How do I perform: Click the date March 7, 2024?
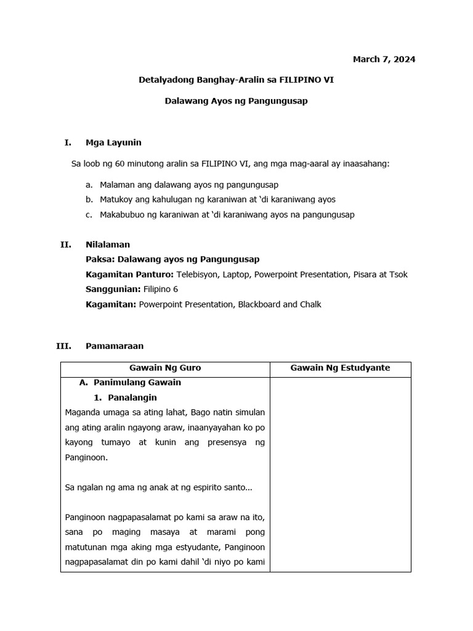384,60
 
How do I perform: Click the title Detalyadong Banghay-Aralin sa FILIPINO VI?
236,80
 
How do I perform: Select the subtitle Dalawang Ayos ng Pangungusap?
236,101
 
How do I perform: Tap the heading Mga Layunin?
113,143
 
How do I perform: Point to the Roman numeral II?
65,245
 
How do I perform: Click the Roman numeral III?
63,346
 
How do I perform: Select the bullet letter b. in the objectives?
89,200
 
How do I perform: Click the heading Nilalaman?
108,245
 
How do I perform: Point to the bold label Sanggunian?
113,290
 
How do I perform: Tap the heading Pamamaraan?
115,346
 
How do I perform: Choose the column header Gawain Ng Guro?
165,368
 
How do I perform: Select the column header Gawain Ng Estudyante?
340,368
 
